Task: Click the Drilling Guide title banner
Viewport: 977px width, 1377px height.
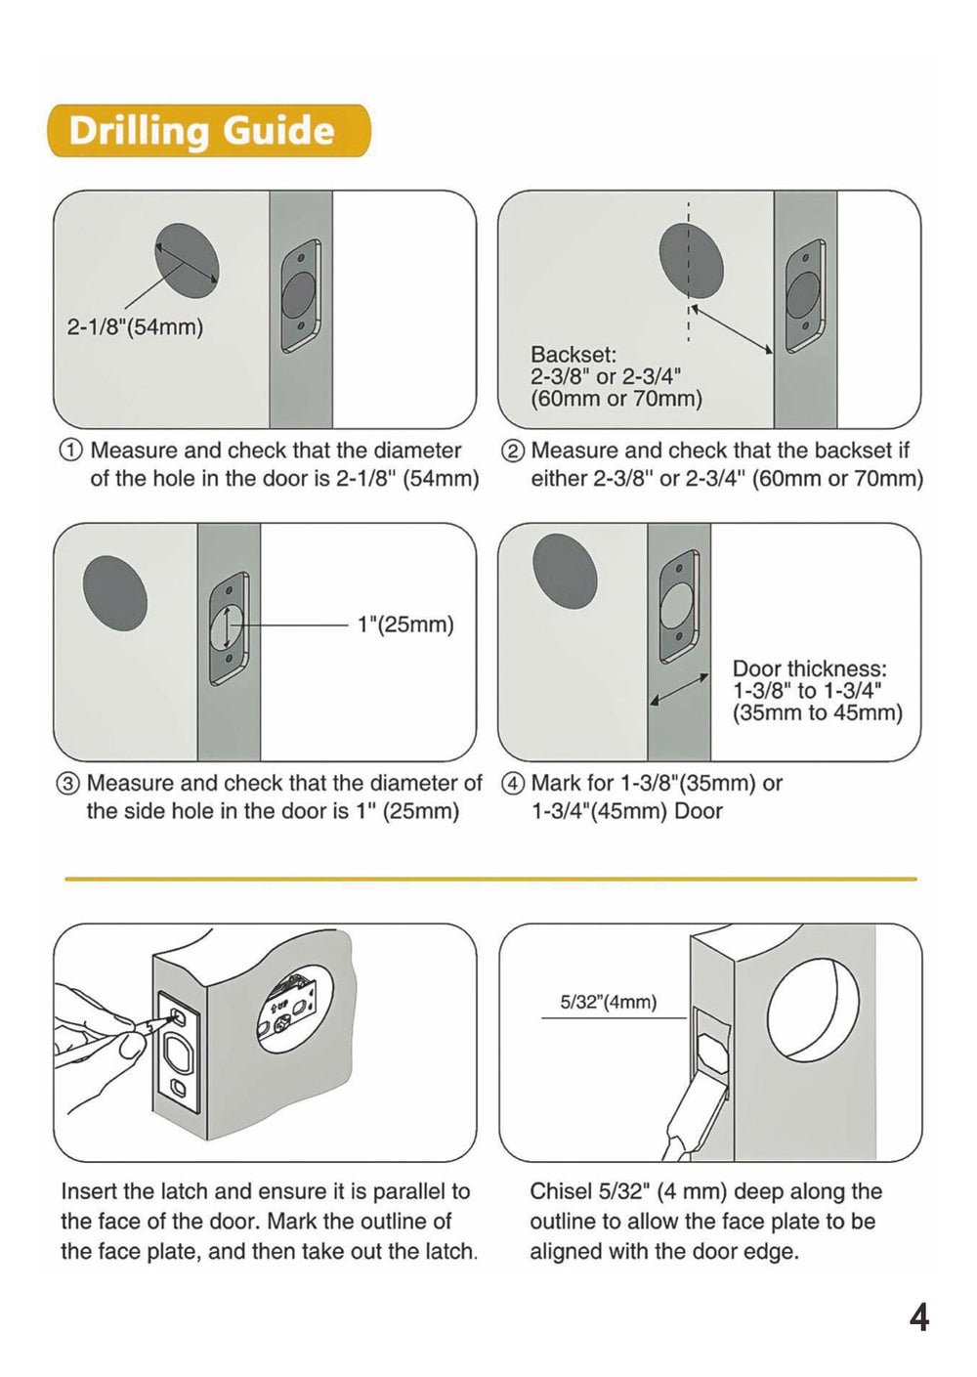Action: pyautogui.click(x=209, y=131)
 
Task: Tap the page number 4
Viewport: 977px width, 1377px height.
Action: pyautogui.click(x=918, y=1318)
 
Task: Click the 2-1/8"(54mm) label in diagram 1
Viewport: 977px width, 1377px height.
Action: pyautogui.click(x=135, y=327)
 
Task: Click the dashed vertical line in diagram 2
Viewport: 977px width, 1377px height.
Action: pyautogui.click(x=689, y=274)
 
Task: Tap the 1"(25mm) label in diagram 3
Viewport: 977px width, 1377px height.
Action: pyautogui.click(x=405, y=624)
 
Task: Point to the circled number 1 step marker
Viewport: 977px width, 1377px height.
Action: pyautogui.click(x=71, y=451)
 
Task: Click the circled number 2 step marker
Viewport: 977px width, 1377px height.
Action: pyautogui.click(x=512, y=451)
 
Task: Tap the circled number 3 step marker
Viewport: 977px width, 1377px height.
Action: pyautogui.click(x=68, y=784)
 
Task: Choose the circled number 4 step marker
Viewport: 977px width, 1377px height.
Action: pyautogui.click(x=512, y=784)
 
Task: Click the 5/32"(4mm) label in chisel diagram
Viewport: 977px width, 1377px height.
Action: pyautogui.click(x=608, y=1003)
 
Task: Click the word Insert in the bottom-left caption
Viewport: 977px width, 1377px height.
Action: pyautogui.click(x=87, y=1192)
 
